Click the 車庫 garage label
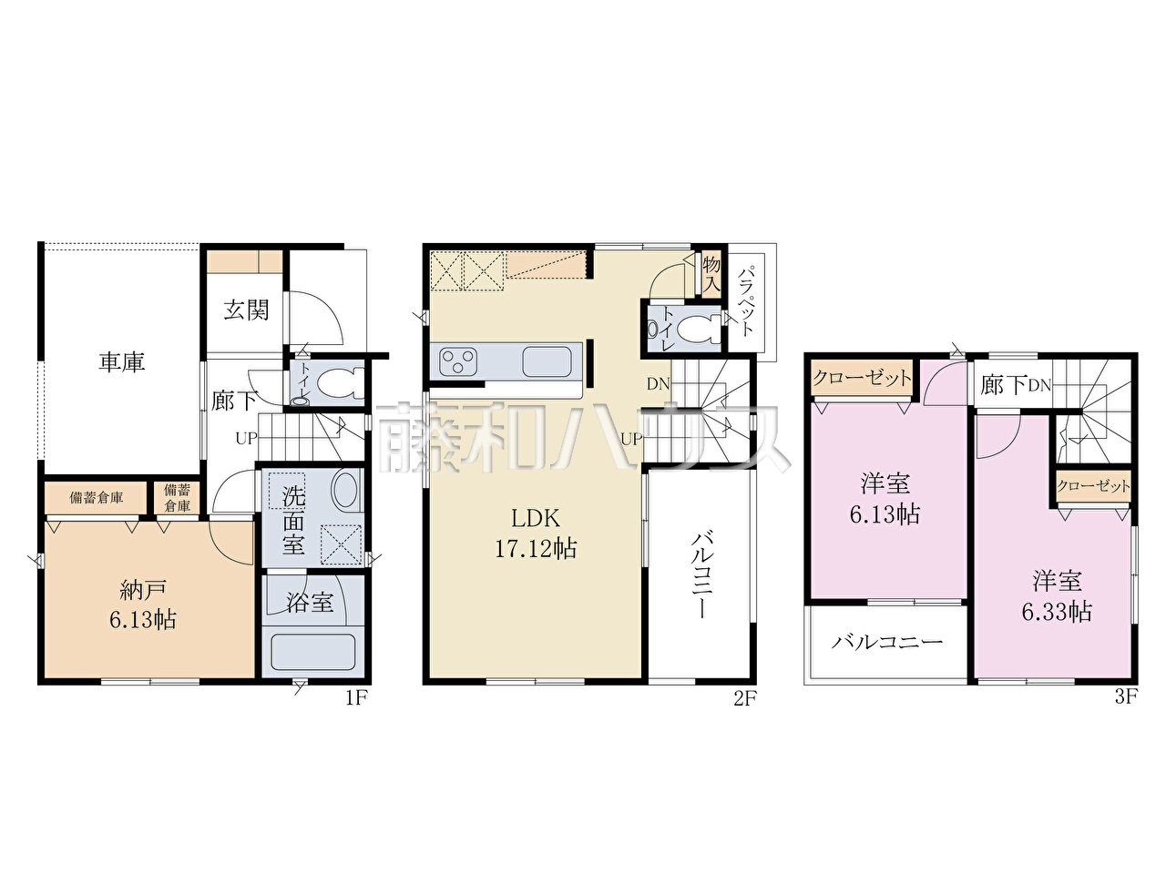pyautogui.click(x=122, y=362)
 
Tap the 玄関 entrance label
pyautogui.click(x=246, y=310)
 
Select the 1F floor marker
pyautogui.click(x=356, y=697)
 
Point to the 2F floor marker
pyautogui.click(x=745, y=698)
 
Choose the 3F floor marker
pyautogui.click(x=1126, y=696)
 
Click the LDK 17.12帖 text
pyautogui.click(x=536, y=533)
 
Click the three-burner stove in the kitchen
pyautogui.click(x=458, y=361)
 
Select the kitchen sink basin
pyautogui.click(x=547, y=361)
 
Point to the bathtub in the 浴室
pyautogui.click(x=312, y=653)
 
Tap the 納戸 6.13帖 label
pyautogui.click(x=143, y=605)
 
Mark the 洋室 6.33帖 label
pyautogui.click(x=1057, y=596)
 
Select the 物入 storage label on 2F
pyautogui.click(x=711, y=274)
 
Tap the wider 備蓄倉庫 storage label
pyautogui.click(x=97, y=497)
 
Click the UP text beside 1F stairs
pyautogui.click(x=247, y=438)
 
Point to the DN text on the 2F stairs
pyautogui.click(x=659, y=383)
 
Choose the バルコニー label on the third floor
pyautogui.click(x=886, y=643)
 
